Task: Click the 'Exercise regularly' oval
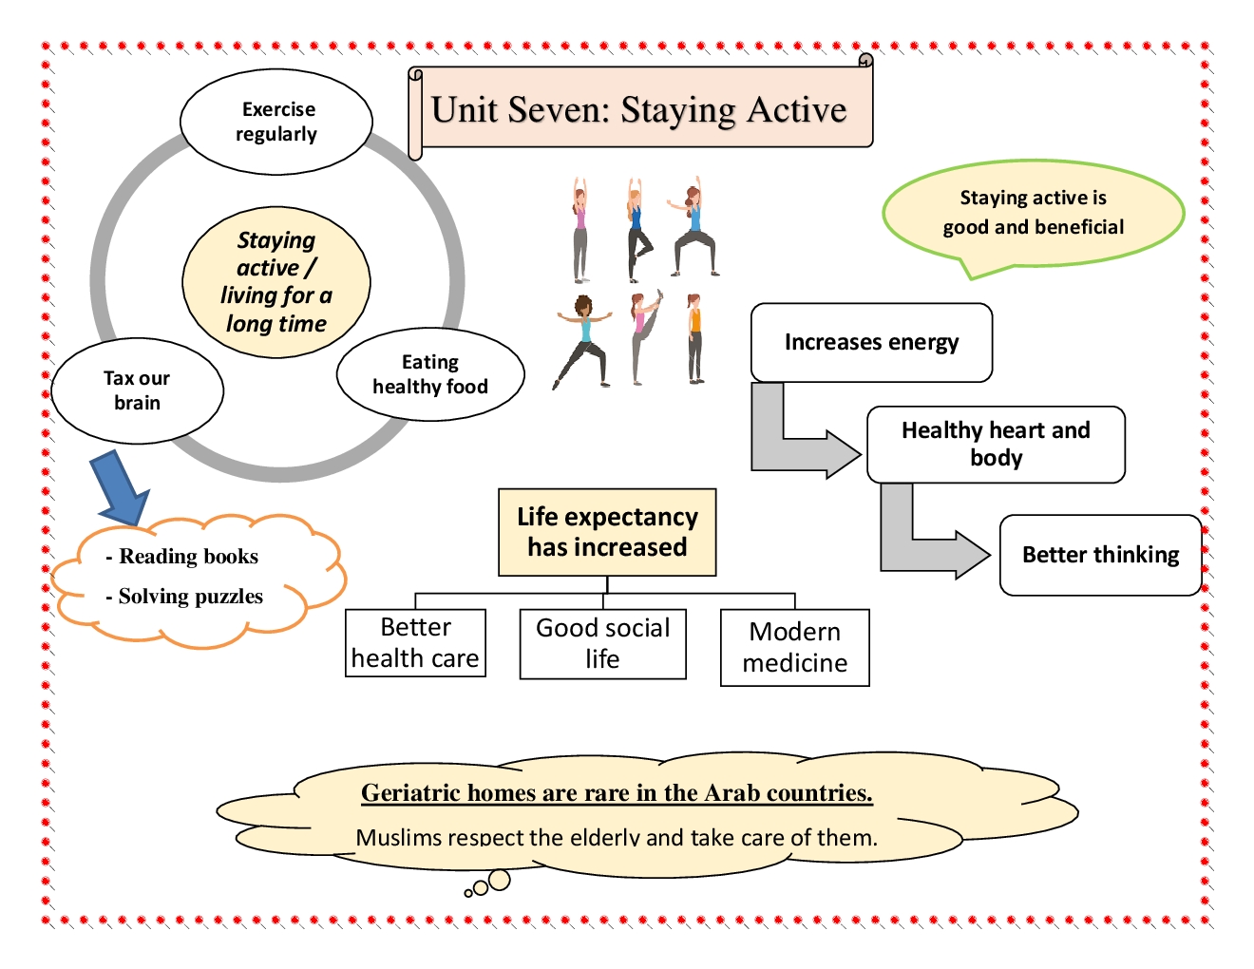coord(276,122)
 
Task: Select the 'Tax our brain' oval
coord(137,390)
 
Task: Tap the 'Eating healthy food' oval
coord(430,374)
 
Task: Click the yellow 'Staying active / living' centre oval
coord(276,282)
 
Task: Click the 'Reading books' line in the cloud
coord(188,557)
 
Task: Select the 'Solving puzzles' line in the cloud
coord(190,597)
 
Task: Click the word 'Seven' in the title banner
coord(559,110)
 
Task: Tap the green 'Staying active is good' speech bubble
coord(1033,213)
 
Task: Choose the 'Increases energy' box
coord(871,342)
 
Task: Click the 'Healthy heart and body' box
coord(996,444)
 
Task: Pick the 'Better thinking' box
coord(1100,555)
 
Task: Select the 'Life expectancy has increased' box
coord(607,532)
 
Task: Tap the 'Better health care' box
coord(415,642)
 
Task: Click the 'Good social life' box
coord(602,643)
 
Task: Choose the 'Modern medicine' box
coord(794,647)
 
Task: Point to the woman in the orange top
coord(695,338)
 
